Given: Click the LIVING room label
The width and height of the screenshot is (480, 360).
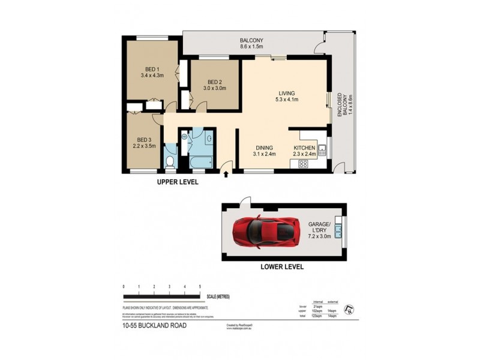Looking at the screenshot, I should tap(286, 96).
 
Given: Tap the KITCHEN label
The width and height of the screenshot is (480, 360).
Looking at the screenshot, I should tap(304, 151).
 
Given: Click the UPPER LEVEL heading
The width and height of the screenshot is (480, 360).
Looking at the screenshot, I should tap(178, 181).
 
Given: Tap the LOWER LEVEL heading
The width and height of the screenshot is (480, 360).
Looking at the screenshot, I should tap(282, 266).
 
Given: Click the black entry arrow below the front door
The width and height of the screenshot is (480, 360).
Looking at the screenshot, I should tap(226, 175).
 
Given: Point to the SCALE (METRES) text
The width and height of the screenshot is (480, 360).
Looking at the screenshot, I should tap(217, 296).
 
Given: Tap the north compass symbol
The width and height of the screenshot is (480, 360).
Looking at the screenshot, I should tap(348, 310).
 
